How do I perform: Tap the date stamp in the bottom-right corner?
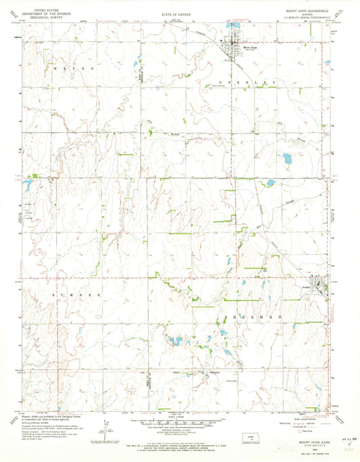tap(340, 438)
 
